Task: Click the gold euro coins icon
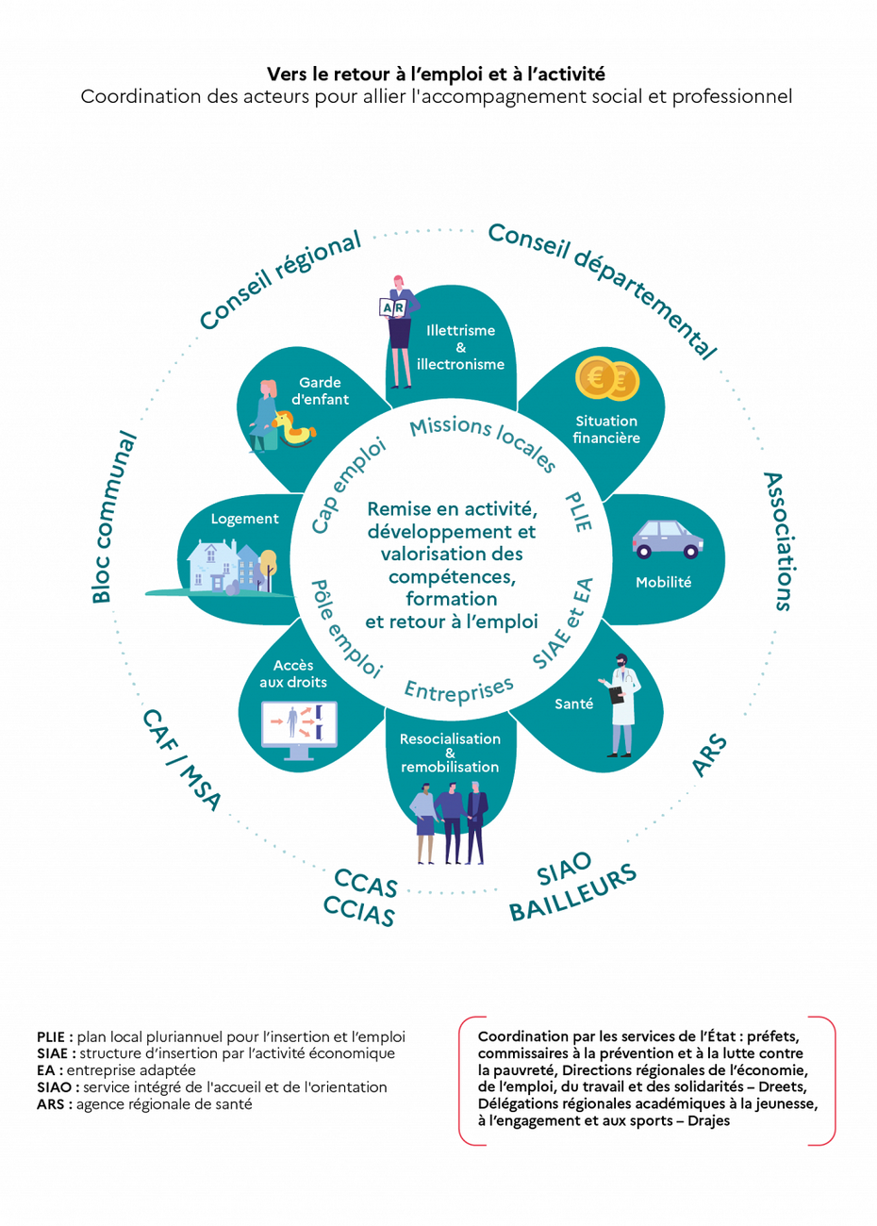point(607,380)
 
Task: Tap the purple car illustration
point(667,539)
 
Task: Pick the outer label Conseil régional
point(280,280)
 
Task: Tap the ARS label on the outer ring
point(709,756)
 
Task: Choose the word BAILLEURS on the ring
point(573,893)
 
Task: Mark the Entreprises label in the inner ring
point(458,689)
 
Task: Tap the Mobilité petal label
point(663,583)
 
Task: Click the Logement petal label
point(244,519)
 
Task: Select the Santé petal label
point(574,704)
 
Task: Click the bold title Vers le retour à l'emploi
point(436,74)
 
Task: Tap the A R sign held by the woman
point(391,307)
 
